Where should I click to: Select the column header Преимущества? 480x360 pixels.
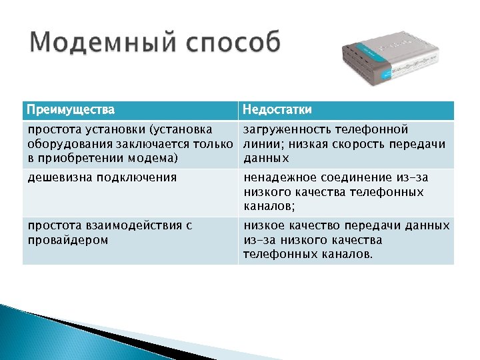pos(71,109)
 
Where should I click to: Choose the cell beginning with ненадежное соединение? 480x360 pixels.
pos(345,192)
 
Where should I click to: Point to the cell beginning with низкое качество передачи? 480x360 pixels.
pos(345,239)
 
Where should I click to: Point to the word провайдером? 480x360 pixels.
pos(67,240)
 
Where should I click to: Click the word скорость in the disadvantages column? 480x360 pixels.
pos(355,143)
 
